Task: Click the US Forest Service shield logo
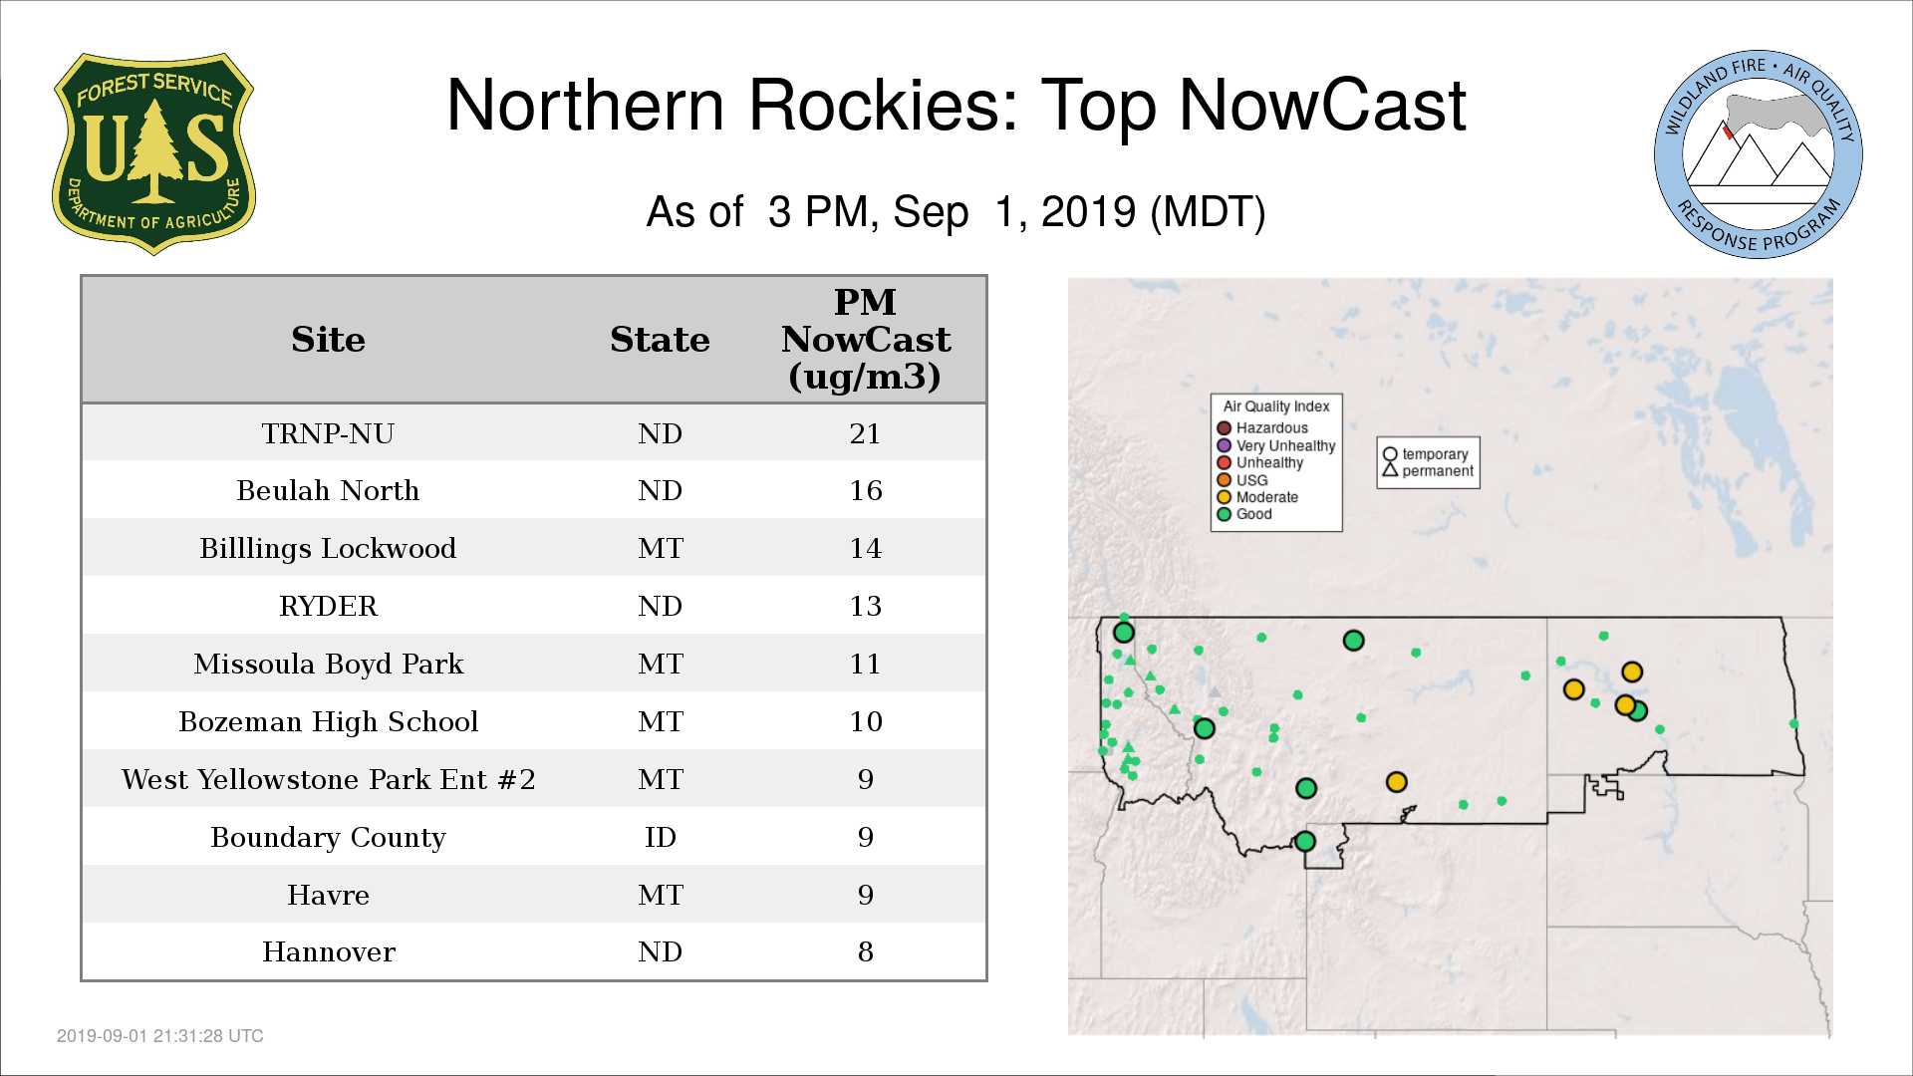153,153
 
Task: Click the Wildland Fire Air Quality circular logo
1759,154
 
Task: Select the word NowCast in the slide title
1322,106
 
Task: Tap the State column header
660,340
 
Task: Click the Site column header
328,340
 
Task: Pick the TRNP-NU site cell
328,433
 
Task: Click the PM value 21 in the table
865,433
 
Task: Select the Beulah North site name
328,490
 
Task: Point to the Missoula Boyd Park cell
328,664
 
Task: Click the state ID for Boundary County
660,837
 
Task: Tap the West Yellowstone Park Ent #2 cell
328,779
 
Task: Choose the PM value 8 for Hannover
865,951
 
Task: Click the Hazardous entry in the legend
1262,428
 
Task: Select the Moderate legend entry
1257,497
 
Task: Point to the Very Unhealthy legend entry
1276,445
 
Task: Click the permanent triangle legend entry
1428,471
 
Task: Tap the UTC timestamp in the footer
160,1036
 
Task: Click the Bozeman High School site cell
328,721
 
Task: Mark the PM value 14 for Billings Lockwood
865,548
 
